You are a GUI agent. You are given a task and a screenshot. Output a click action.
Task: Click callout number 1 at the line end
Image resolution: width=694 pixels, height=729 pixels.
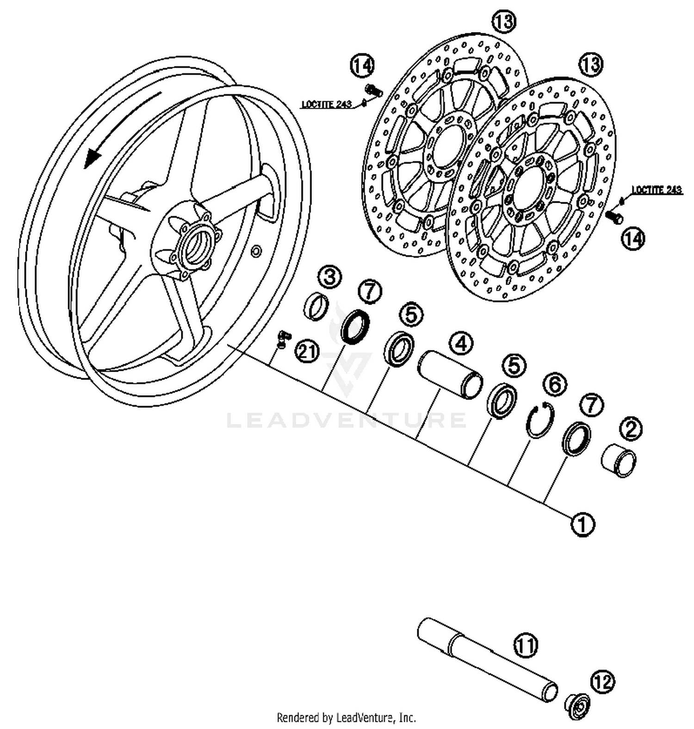point(582,524)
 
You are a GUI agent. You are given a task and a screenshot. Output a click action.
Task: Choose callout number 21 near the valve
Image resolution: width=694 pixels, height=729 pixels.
point(307,351)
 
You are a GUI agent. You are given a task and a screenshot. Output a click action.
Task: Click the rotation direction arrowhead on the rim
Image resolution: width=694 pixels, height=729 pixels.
point(92,159)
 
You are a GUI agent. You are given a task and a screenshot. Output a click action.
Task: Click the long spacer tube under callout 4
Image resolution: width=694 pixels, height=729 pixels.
point(450,374)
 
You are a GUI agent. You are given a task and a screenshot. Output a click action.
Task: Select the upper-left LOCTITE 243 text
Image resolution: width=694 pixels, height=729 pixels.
point(327,104)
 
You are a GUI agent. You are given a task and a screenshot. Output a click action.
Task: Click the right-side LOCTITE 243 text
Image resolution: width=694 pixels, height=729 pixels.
point(657,190)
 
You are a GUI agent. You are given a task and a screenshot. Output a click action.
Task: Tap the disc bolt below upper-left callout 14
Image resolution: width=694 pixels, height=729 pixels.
point(373,90)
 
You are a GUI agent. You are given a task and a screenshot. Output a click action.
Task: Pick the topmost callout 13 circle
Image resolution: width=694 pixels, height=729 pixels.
point(503,21)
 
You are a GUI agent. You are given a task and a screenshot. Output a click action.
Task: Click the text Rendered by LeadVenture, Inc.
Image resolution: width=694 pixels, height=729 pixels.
point(346,717)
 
